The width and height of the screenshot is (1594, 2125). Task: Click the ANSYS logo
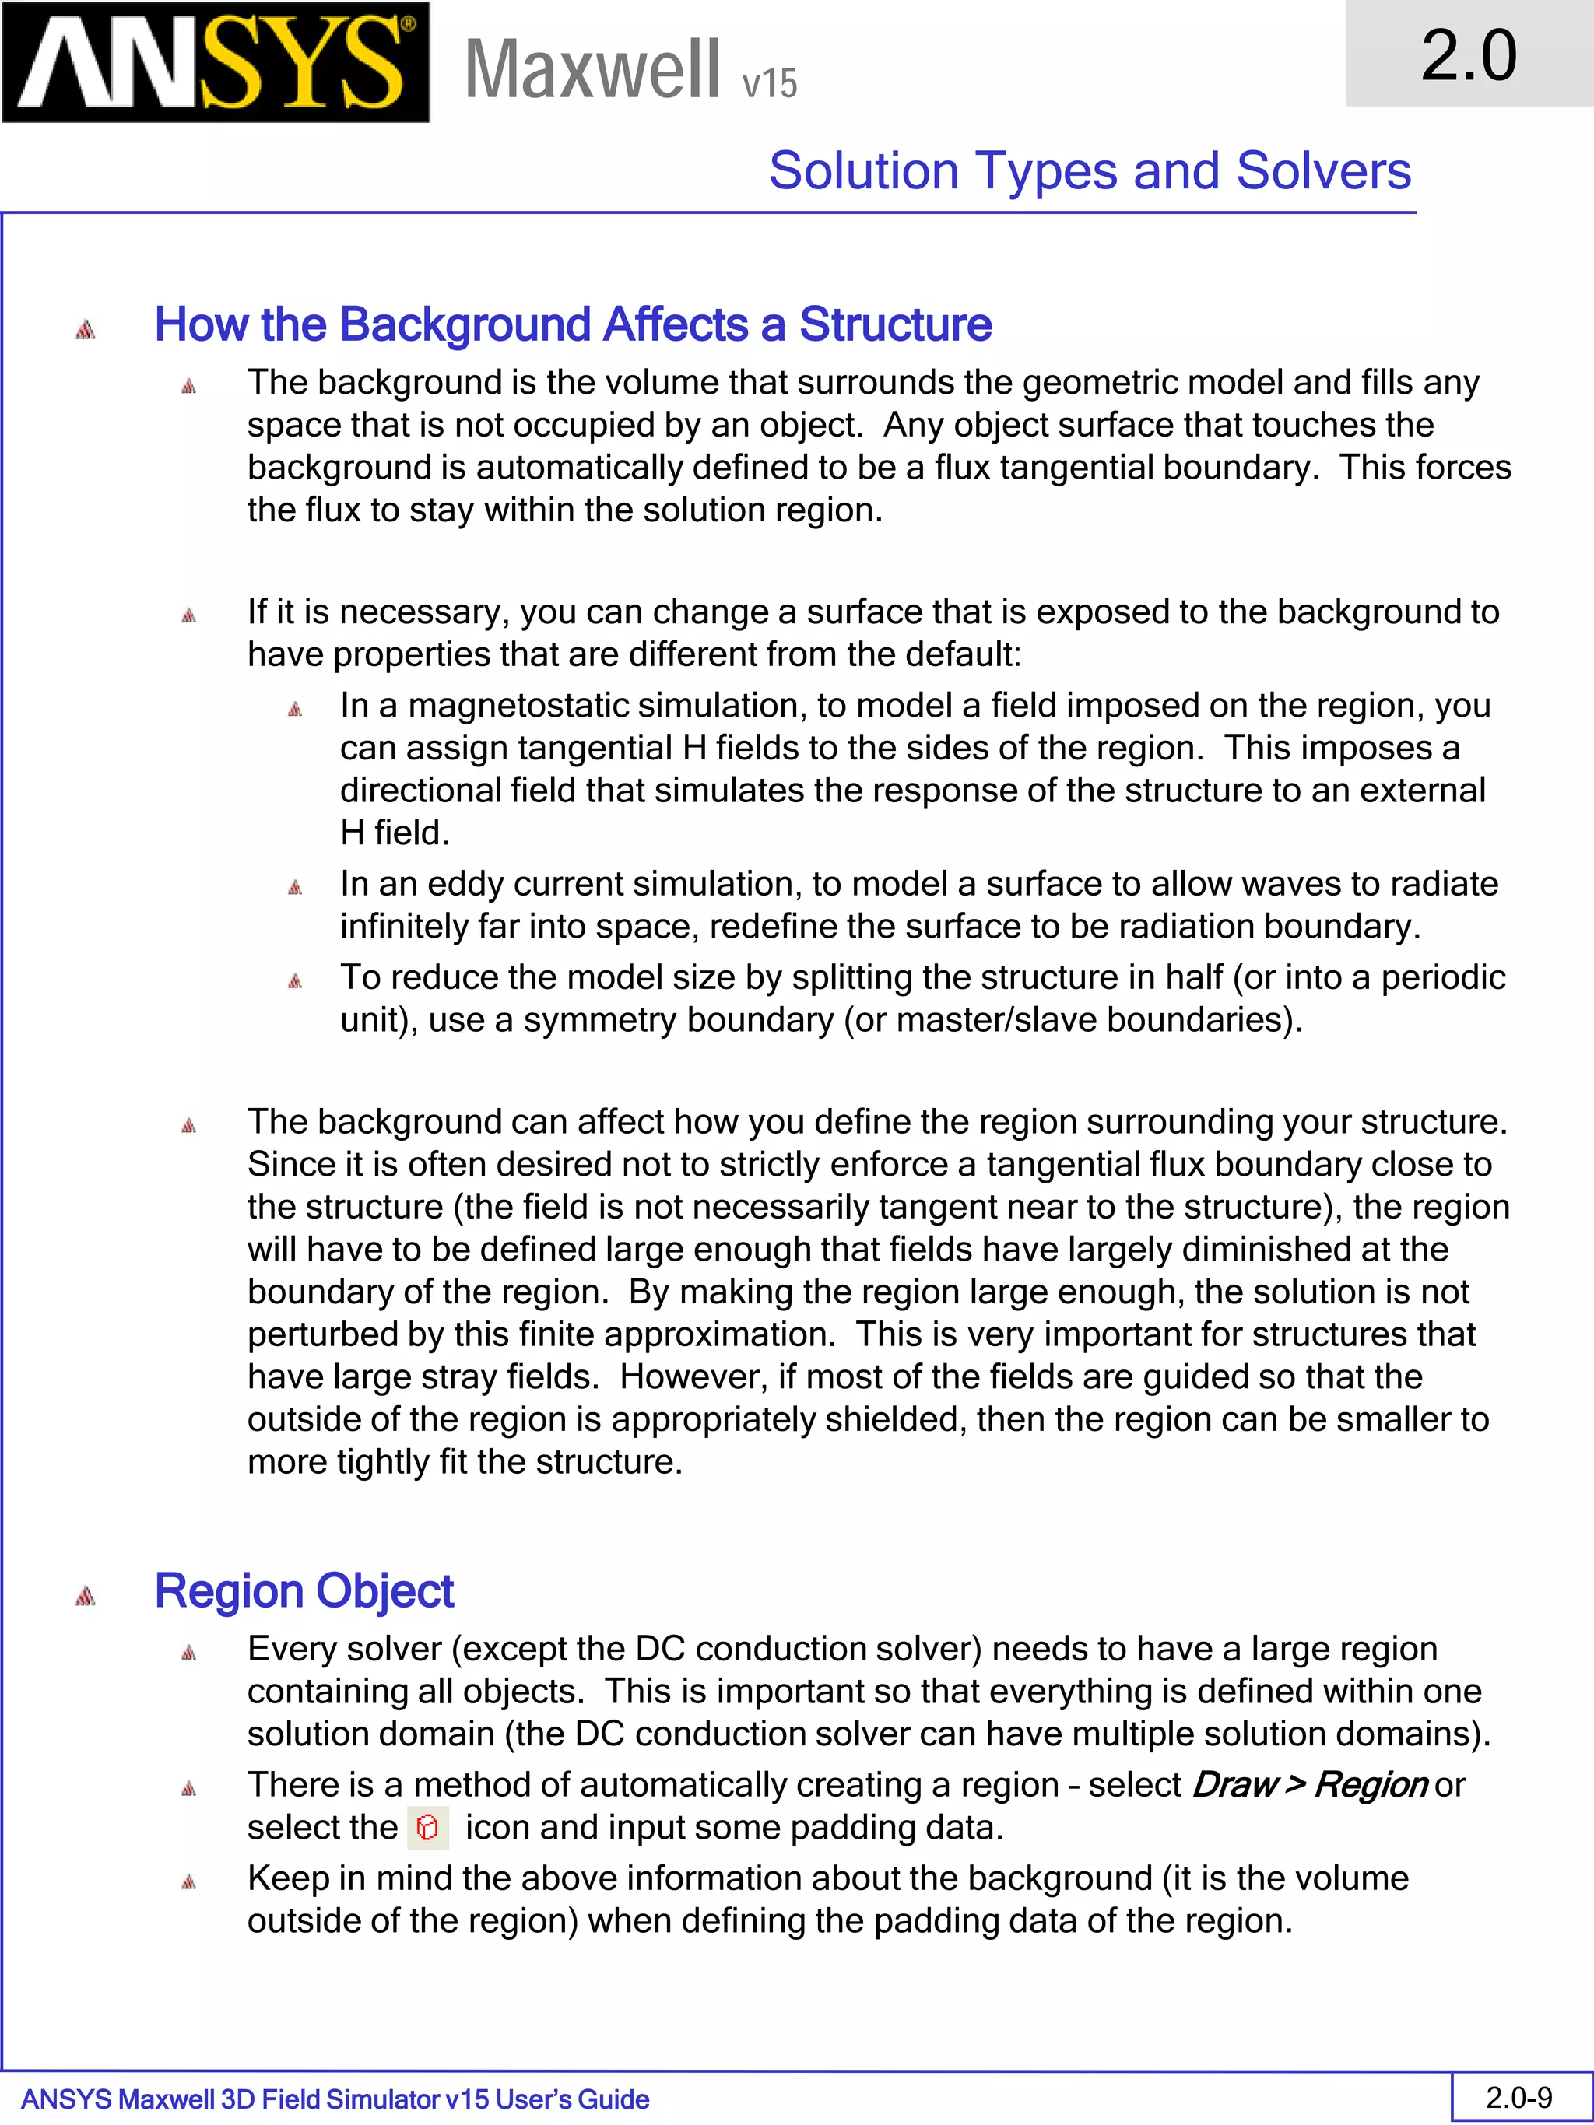pos(216,62)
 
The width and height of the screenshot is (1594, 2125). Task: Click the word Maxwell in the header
pos(592,69)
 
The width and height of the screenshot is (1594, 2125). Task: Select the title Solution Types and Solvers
pos(1090,171)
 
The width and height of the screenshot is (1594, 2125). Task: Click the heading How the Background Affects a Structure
pos(573,324)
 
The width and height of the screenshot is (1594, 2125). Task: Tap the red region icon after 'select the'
pos(427,1826)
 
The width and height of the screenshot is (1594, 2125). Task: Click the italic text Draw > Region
pos(1308,1784)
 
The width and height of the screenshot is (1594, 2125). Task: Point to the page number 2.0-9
pos(1519,2097)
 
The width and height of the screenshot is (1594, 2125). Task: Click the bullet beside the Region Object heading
pos(86,1596)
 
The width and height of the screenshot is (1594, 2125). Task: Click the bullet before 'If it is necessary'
pos(188,615)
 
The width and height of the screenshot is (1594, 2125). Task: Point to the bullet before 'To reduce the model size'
pos(295,981)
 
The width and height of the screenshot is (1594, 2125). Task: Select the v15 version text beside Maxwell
pos(770,83)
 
